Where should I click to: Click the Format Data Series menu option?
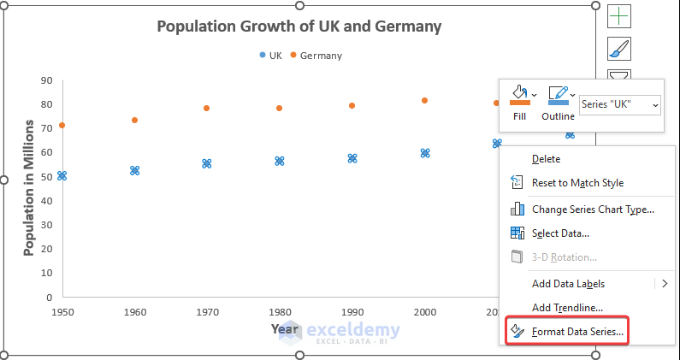tap(578, 331)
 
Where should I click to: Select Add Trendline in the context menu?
tap(568, 307)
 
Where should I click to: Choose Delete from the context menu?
tap(546, 158)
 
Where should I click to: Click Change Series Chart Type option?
tap(593, 209)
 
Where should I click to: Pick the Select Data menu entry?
tap(560, 233)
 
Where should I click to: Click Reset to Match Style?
tap(577, 182)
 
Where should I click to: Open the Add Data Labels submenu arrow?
tap(664, 283)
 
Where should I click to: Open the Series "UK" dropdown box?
tap(620, 104)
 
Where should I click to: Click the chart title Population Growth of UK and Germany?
tap(299, 27)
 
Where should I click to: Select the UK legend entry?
tap(271, 56)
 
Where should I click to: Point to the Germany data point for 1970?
tap(206, 109)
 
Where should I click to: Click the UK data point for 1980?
tap(279, 161)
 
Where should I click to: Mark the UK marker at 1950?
tap(62, 175)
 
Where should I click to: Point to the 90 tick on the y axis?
tap(47, 81)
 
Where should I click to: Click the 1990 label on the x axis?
tap(352, 312)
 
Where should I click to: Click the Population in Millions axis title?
tap(28, 202)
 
